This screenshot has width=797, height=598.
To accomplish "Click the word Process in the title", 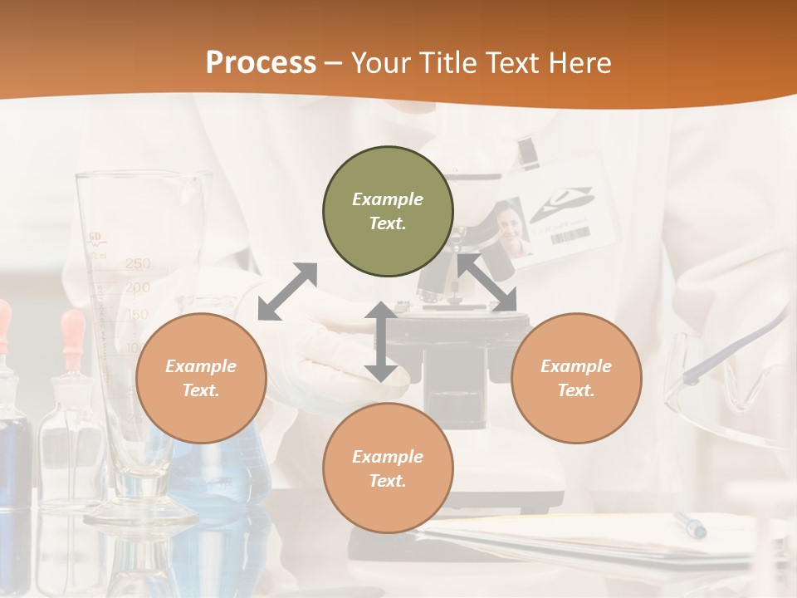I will pyautogui.click(x=261, y=62).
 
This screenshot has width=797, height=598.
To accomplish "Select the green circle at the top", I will pyautogui.click(x=388, y=212).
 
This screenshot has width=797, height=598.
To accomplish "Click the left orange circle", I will pyautogui.click(x=201, y=378).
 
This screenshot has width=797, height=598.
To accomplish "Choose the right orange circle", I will pyautogui.click(x=575, y=378).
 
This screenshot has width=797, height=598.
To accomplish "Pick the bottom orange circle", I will pyautogui.click(x=388, y=468).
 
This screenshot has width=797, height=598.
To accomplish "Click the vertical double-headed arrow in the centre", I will pyautogui.click(x=380, y=341).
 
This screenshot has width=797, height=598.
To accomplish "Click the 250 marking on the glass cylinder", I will pyautogui.click(x=138, y=264).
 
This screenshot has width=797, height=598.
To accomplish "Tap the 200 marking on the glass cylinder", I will pyautogui.click(x=138, y=288).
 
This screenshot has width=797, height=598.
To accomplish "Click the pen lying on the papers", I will pyautogui.click(x=690, y=524).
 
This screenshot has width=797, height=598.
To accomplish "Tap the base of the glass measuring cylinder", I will pyautogui.click(x=141, y=511).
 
